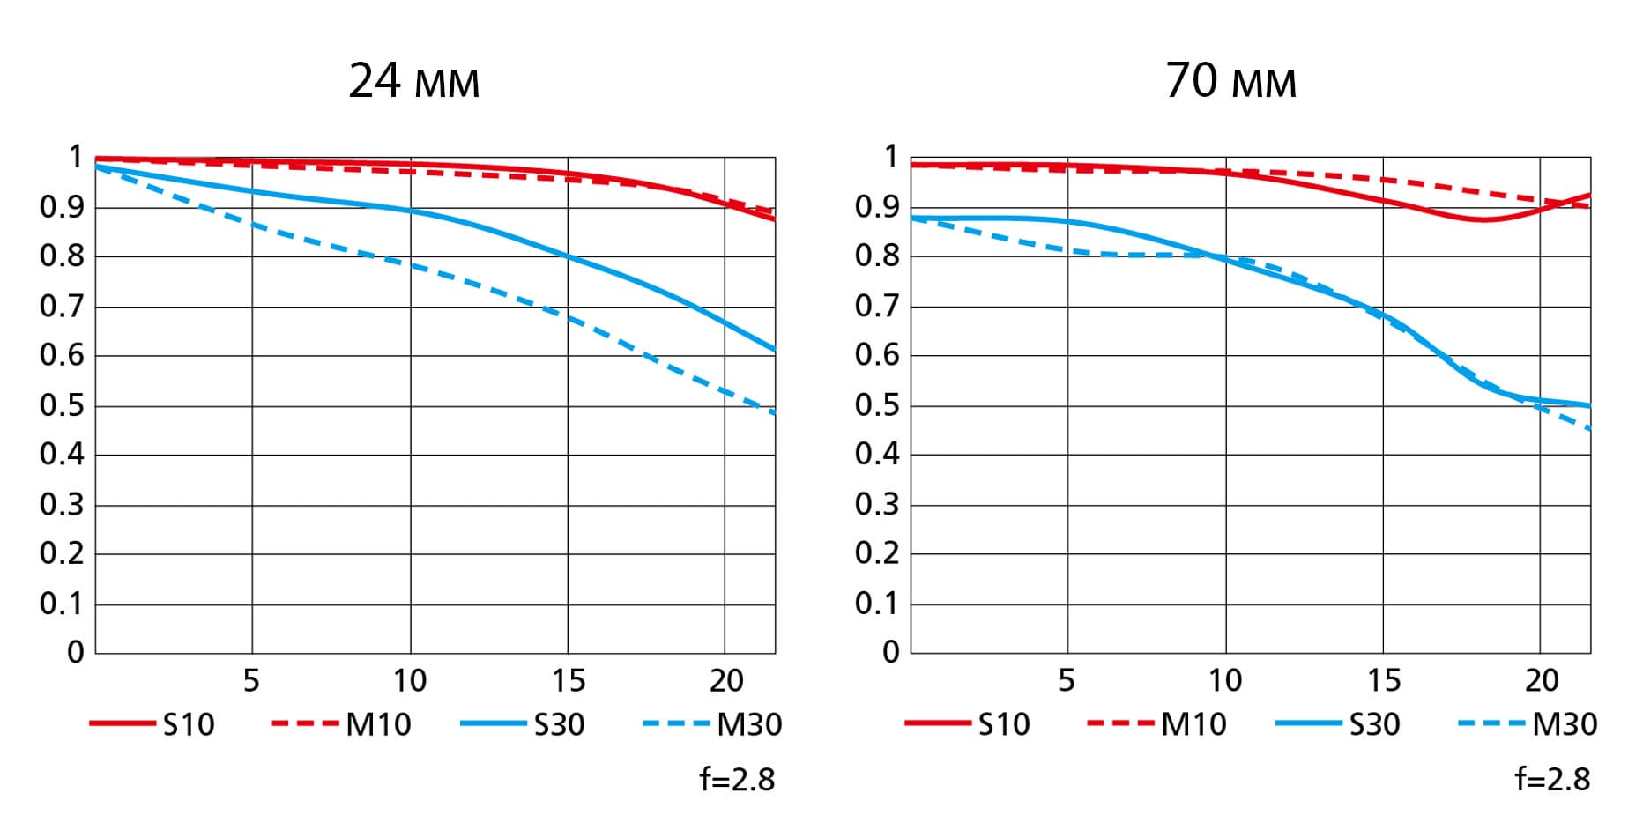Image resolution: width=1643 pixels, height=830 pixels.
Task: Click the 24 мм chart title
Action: [413, 81]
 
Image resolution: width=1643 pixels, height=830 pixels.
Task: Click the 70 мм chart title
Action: [1230, 81]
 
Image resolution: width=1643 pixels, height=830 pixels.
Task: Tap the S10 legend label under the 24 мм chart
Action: [189, 724]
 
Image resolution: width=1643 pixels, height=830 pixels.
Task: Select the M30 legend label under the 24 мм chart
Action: [749, 724]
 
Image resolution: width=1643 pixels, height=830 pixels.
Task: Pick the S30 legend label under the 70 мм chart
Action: [1374, 724]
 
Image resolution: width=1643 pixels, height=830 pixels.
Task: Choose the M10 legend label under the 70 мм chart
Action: [1193, 724]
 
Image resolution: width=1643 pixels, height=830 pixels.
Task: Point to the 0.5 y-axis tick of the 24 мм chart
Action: [62, 406]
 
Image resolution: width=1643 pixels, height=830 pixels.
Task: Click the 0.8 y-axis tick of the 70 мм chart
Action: [877, 256]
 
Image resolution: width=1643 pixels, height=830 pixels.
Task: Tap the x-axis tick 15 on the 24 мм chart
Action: [568, 681]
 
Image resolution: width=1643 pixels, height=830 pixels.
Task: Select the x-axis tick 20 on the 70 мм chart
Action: [1542, 681]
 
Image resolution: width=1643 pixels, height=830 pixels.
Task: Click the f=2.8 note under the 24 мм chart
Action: [737, 780]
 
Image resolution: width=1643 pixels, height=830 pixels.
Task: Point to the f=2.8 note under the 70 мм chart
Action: [1552, 780]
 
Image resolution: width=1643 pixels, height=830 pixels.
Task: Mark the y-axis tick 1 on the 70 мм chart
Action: [891, 157]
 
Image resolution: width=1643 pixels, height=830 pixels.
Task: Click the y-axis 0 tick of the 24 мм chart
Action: [76, 653]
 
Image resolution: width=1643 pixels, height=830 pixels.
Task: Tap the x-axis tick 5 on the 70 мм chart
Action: [1067, 681]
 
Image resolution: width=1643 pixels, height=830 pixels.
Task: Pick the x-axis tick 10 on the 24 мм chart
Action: [410, 681]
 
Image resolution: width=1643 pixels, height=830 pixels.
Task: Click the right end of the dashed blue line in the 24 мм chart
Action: [774, 412]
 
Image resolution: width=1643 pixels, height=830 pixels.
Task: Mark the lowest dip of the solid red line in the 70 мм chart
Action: [1484, 219]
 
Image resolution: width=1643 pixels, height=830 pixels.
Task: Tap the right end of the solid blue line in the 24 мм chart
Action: [774, 350]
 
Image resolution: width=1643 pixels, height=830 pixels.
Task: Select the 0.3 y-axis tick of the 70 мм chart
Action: [877, 505]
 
